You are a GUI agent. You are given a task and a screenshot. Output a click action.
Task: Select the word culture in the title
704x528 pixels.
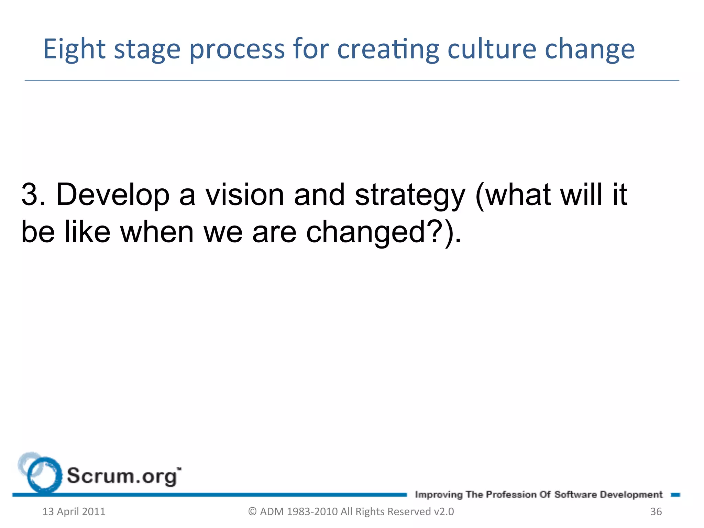(492, 49)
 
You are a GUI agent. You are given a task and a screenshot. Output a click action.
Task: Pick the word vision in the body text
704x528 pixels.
(245, 195)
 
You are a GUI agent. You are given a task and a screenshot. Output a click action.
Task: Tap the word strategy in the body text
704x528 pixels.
(410, 196)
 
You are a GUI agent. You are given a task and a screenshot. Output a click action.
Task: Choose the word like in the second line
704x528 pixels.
(87, 232)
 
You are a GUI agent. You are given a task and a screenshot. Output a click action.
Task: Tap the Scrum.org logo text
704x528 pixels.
(123, 476)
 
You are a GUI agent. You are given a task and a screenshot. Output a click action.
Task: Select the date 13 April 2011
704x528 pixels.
(74, 512)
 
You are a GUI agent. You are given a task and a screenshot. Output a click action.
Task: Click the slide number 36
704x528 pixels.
(656, 512)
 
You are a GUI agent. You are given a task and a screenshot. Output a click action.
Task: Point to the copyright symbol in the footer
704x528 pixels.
(252, 512)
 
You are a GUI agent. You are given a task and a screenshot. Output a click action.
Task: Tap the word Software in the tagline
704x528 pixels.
(575, 495)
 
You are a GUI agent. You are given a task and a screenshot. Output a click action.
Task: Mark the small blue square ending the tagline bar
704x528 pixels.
(675, 495)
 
